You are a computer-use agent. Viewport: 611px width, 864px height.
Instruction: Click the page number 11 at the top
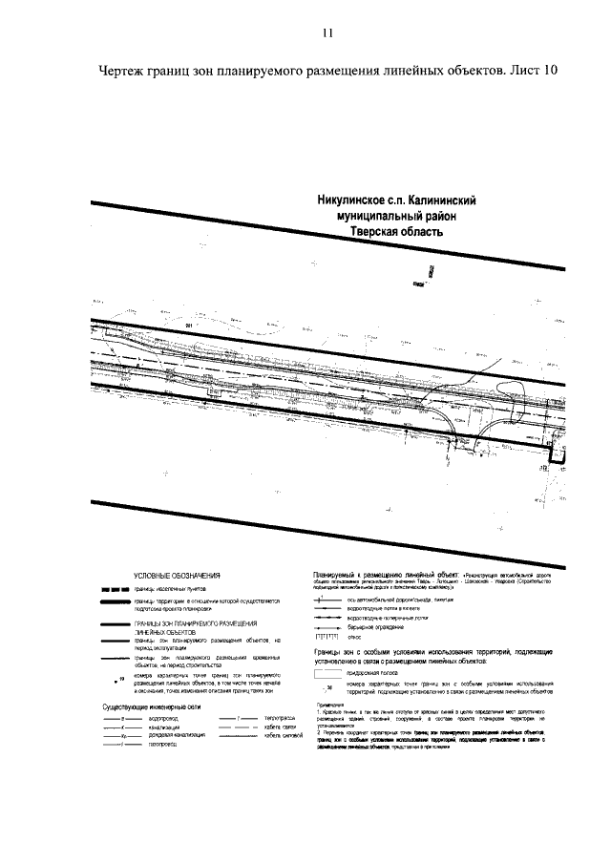click(327, 33)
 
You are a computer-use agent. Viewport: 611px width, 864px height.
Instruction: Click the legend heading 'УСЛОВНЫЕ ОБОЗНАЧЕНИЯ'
click(177, 576)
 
